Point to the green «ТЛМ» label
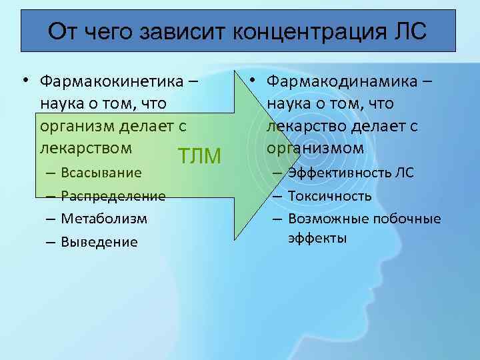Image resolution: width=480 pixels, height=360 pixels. [x=201, y=157]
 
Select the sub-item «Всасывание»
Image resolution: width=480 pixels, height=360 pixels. [x=101, y=173]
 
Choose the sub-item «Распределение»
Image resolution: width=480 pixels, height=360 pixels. [x=113, y=196]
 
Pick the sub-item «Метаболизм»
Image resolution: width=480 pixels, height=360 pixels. [x=104, y=219]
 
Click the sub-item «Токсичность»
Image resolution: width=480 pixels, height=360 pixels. [x=329, y=196]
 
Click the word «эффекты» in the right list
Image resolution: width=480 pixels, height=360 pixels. [x=317, y=237]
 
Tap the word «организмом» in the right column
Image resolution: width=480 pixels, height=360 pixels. [x=315, y=147]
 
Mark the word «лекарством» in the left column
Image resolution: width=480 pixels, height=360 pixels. [x=85, y=147]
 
